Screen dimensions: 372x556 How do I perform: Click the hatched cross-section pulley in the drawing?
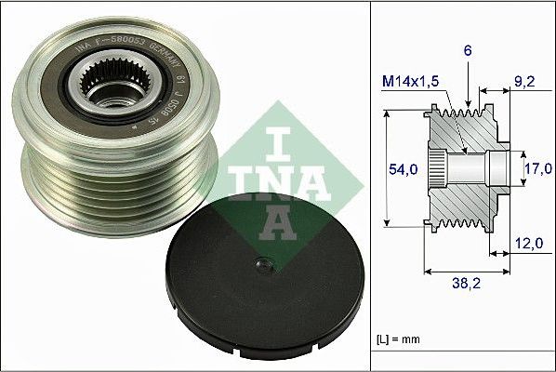(465, 167)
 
